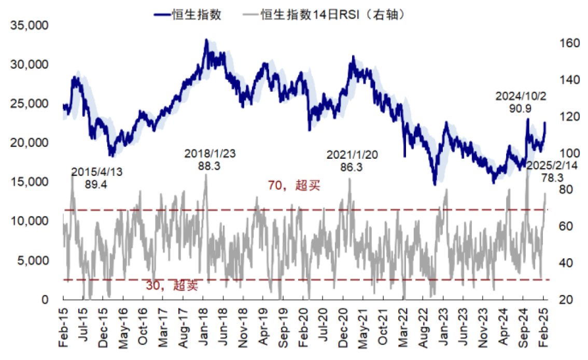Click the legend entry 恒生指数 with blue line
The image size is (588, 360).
[188, 15]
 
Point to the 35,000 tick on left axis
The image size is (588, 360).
[30, 25]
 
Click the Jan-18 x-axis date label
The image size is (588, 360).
[204, 326]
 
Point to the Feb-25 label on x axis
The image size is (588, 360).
[543, 326]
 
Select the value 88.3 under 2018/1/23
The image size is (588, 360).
[210, 166]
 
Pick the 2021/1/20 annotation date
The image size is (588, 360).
[352, 155]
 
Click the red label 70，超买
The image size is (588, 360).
[293, 186]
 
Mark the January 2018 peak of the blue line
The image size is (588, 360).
[206, 40]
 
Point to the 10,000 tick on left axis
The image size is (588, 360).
[30, 221]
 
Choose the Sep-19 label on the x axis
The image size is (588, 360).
[284, 326]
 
